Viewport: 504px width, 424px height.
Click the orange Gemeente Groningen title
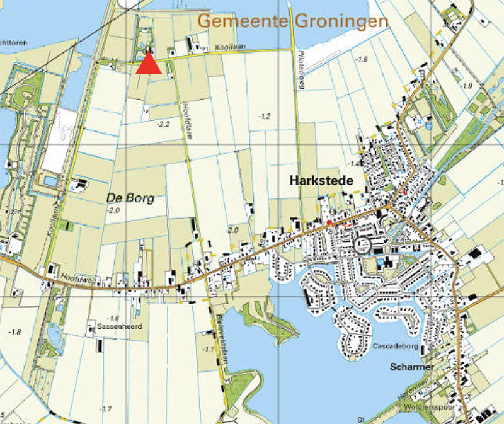293,21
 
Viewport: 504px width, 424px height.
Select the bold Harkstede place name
320,180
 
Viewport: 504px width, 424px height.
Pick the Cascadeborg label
392,347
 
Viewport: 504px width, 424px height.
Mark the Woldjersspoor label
435,406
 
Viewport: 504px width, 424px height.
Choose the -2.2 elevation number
164,125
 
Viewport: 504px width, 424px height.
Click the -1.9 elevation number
466,86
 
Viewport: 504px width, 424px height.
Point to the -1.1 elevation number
207,349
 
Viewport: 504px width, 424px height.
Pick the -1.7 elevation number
105,409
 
